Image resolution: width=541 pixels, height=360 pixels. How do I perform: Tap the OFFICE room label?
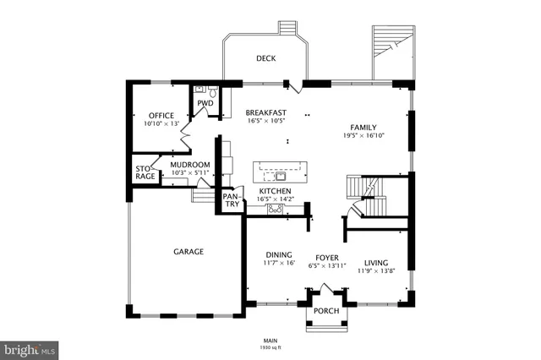pos(161,116)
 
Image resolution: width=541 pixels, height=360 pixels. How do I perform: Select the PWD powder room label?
pos(205,104)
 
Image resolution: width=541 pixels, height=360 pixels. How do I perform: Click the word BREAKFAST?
pos(266,112)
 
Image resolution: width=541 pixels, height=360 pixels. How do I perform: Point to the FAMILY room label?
pos(364,126)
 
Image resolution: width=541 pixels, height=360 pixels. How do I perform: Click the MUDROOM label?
pos(190,165)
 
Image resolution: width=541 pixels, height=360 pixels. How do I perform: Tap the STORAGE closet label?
pos(145,172)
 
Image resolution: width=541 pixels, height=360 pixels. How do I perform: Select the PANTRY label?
pos(231,200)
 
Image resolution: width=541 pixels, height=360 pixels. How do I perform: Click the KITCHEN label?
pos(275,192)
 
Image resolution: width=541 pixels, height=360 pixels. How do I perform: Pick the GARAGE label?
pos(189,251)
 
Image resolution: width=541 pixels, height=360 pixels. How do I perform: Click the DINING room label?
pos(279,255)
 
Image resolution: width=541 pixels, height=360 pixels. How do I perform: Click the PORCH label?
pos(325,309)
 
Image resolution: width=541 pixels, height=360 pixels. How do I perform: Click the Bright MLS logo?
pos(30,348)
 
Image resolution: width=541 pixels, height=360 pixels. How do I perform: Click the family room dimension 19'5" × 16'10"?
pos(364,135)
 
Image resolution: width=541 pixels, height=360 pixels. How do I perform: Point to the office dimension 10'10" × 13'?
pos(161,124)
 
